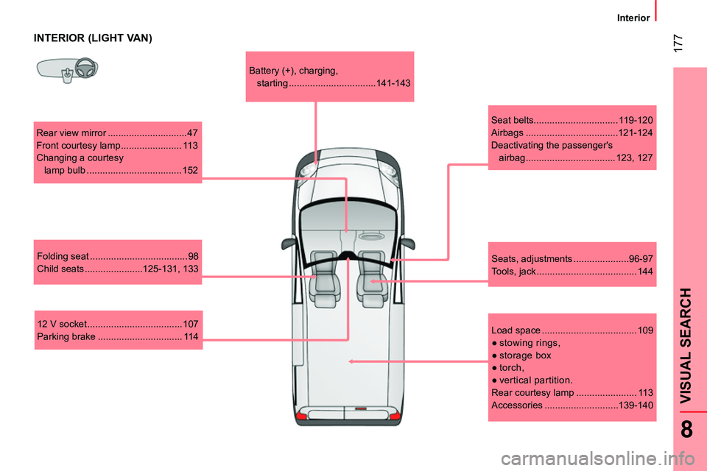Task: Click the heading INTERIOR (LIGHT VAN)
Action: coord(94,38)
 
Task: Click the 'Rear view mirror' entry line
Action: coord(117,133)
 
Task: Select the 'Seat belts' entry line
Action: coord(571,120)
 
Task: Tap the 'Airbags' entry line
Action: coord(571,132)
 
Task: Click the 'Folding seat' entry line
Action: coord(117,256)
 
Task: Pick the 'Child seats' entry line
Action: coord(117,269)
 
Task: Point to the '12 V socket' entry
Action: coord(117,324)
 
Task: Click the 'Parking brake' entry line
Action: coord(117,336)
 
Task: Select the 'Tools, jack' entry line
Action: coord(571,272)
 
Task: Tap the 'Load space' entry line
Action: coord(571,330)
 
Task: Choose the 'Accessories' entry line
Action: coord(571,405)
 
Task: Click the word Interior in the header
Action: coord(633,17)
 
